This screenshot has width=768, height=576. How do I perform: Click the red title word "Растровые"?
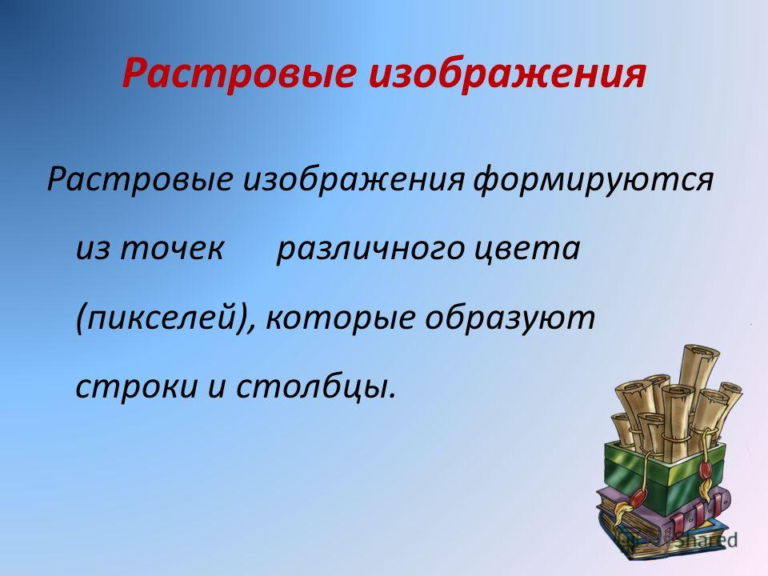click(239, 74)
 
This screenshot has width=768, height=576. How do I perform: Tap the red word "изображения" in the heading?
click(507, 73)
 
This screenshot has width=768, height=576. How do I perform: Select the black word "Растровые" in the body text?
click(140, 179)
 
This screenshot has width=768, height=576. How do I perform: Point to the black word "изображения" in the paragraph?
click(354, 178)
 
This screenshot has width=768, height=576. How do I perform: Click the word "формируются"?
click(593, 179)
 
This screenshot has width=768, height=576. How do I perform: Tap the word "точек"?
click(172, 248)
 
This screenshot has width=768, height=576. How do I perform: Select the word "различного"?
click(370, 250)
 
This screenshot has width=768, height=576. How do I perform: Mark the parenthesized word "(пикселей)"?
click(166, 318)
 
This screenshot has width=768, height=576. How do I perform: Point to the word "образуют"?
click(510, 318)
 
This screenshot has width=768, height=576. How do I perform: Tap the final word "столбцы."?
click(315, 386)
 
